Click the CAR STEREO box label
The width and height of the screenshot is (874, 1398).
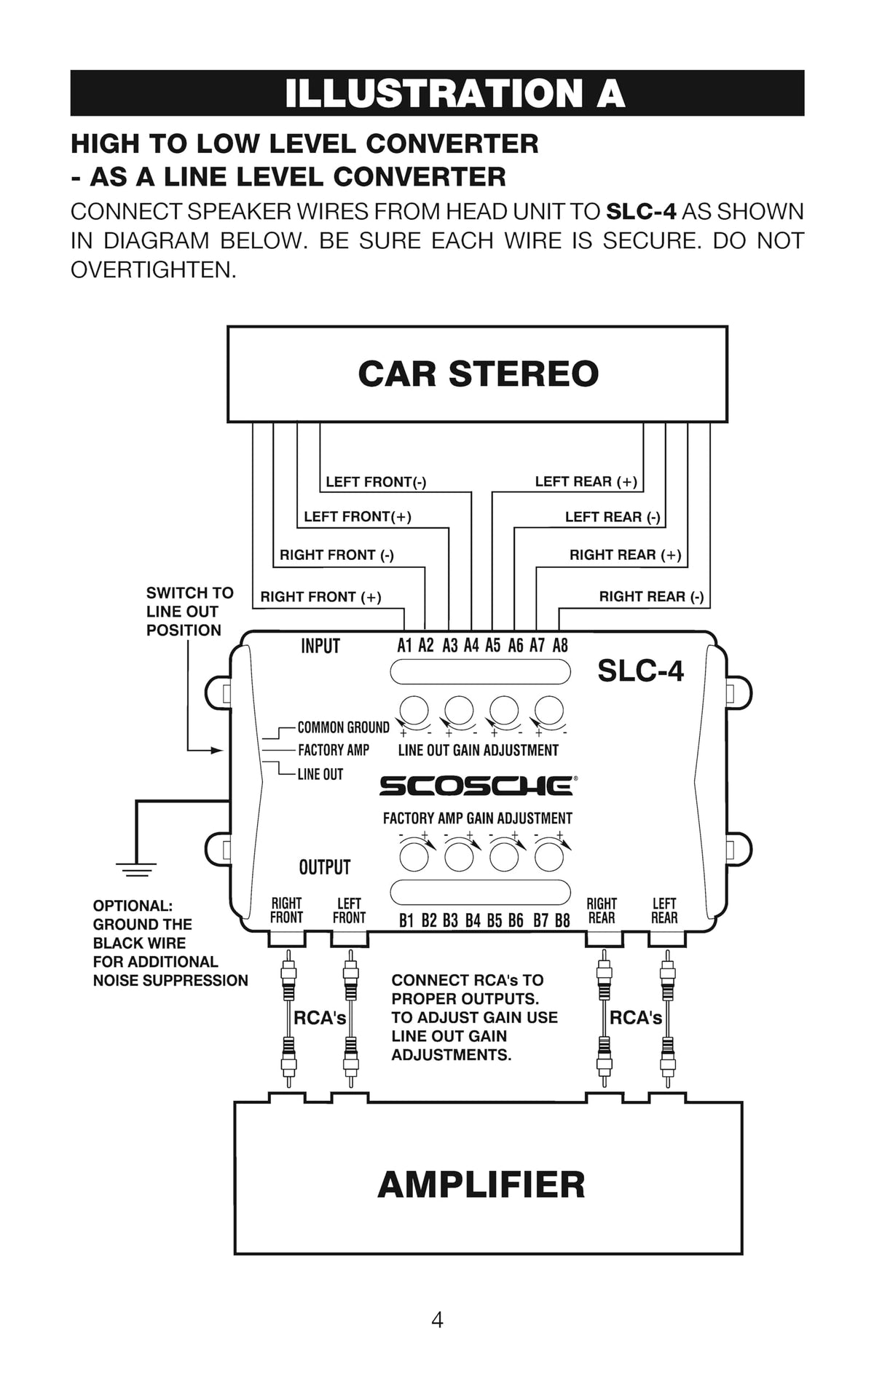tap(478, 374)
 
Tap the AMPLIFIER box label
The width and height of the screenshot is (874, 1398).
tap(481, 1185)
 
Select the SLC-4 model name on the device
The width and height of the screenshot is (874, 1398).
tap(640, 671)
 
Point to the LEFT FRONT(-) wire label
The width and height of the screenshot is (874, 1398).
tap(376, 482)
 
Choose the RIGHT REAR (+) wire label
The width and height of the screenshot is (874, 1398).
tap(625, 555)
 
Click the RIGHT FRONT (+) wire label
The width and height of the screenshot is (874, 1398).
tap(320, 597)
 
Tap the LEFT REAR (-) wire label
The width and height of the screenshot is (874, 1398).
tap(613, 517)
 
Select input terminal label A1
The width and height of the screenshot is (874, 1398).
tap(404, 645)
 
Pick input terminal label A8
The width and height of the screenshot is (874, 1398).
tap(559, 645)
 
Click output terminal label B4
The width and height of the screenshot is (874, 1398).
tap(473, 920)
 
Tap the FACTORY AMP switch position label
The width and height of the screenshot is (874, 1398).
tap(334, 750)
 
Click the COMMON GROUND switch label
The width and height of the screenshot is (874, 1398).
tap(343, 727)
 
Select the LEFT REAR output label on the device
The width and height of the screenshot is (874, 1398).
tap(664, 911)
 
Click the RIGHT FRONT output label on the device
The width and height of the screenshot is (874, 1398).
tap(286, 911)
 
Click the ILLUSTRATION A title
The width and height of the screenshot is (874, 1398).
tap(454, 93)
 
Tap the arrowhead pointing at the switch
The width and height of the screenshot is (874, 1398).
tap(216, 750)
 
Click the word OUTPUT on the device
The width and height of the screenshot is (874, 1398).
tap(325, 867)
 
